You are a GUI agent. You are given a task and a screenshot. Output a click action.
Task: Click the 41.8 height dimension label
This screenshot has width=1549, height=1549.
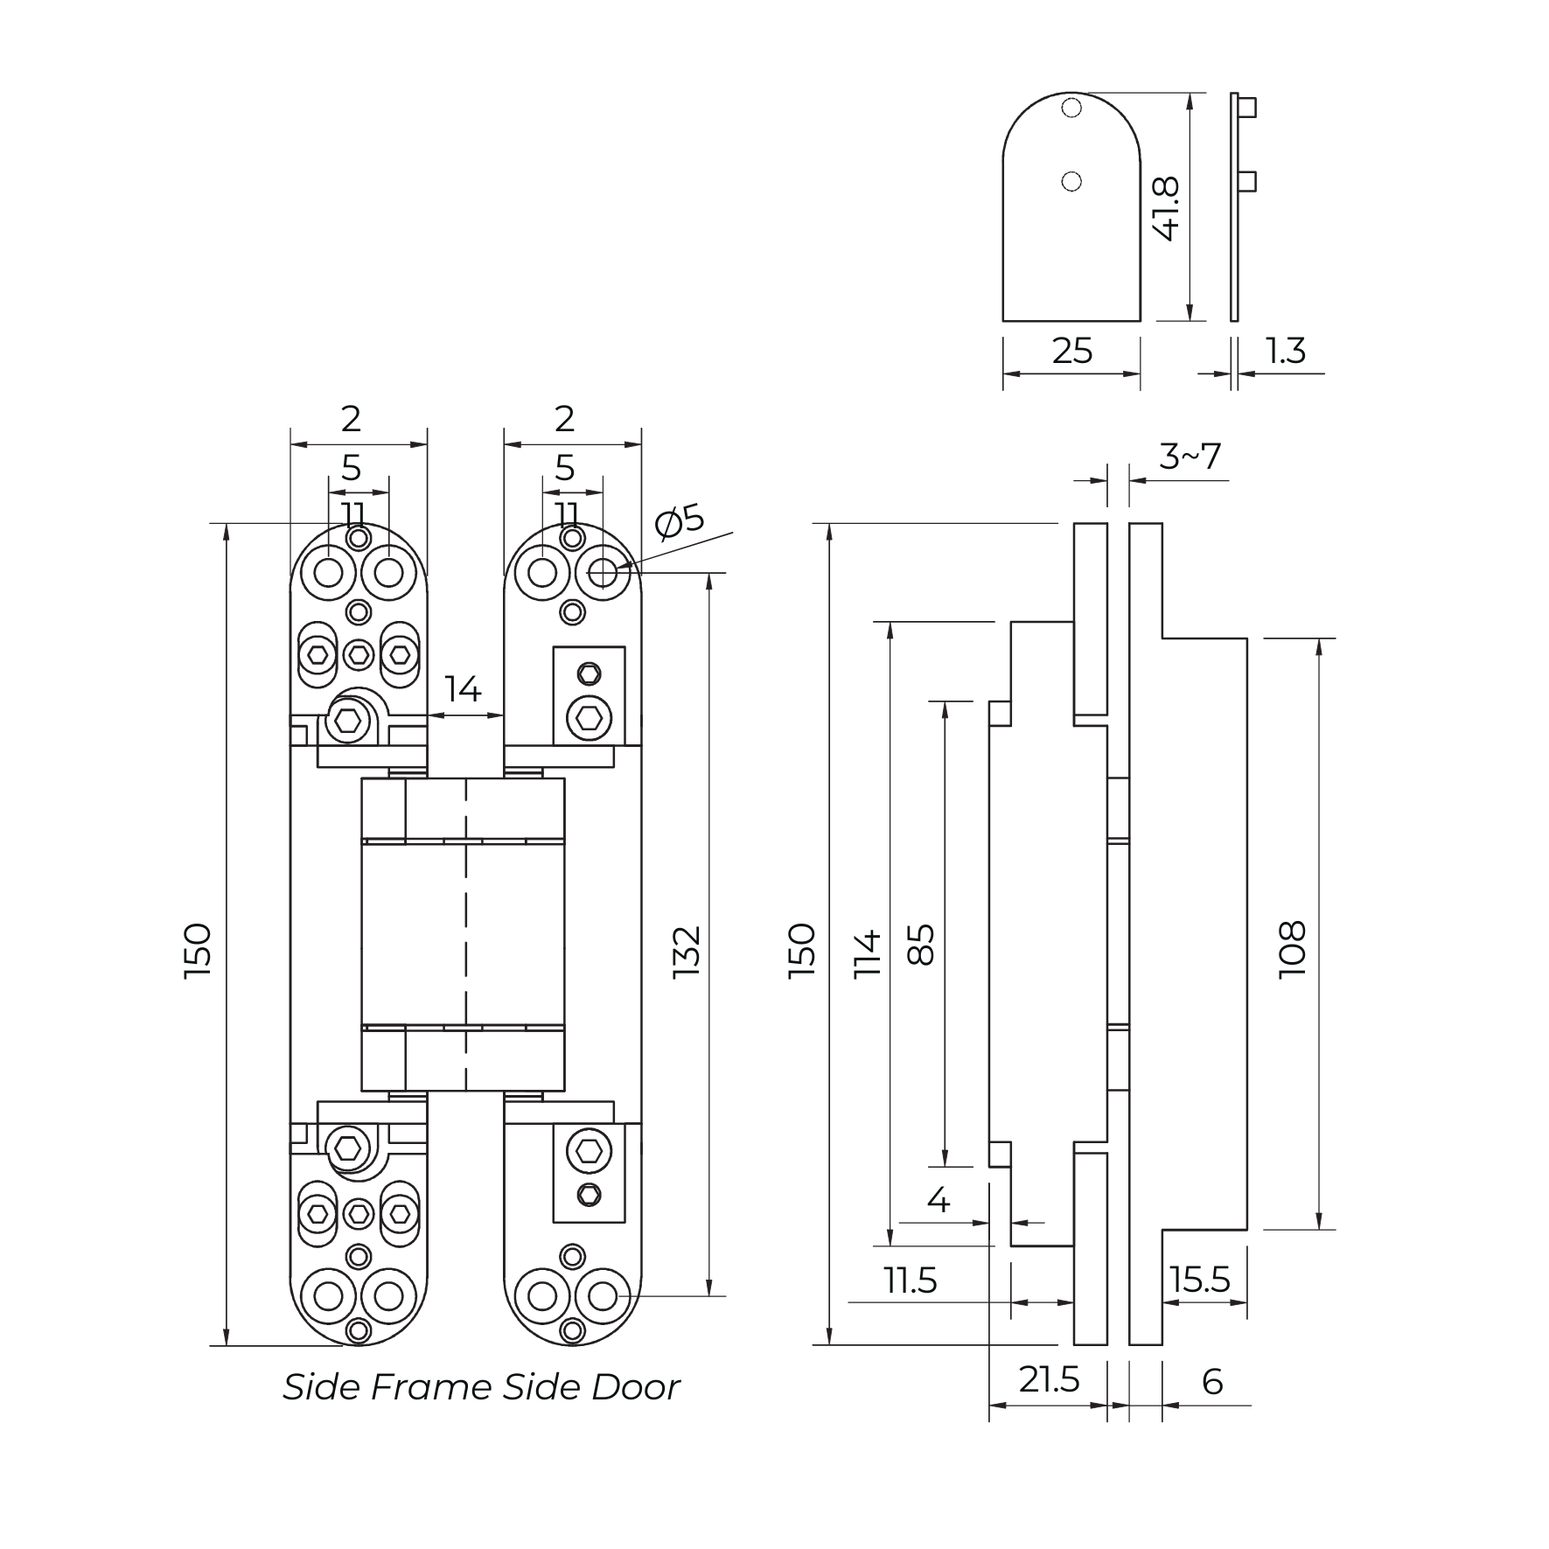[1167, 208]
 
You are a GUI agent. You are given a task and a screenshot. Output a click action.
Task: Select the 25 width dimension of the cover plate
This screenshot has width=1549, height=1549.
[1071, 352]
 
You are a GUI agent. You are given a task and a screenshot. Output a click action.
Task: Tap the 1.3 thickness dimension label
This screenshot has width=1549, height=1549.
[1286, 352]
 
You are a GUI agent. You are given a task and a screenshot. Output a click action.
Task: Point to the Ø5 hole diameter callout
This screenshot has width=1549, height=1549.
[680, 522]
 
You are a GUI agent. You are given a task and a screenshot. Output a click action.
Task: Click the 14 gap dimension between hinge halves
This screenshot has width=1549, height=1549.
[463, 690]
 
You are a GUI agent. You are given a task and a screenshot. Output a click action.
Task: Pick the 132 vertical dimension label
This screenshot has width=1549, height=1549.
[687, 952]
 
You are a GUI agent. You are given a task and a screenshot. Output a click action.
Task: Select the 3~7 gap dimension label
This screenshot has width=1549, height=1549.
[1190, 457]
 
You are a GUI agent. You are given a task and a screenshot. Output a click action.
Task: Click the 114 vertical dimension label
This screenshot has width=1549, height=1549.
[868, 953]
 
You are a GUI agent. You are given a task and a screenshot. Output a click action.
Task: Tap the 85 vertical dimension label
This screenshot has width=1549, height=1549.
[921, 944]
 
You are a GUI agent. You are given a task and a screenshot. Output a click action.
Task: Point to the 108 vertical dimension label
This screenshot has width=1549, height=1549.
[1292, 949]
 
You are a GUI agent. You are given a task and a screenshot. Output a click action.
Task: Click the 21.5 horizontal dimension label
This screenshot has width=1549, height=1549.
[1049, 1380]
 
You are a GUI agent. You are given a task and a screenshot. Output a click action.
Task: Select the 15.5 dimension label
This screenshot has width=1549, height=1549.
[1200, 1280]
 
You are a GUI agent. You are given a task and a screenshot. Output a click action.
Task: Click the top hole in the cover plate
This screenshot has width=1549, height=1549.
[1071, 108]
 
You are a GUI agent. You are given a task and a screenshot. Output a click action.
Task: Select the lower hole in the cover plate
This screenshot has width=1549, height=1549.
[1071, 182]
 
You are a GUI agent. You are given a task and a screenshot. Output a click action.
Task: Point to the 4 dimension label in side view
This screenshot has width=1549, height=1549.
[938, 1200]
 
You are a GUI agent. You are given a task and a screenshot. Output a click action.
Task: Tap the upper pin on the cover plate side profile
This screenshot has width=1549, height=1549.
[1249, 108]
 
